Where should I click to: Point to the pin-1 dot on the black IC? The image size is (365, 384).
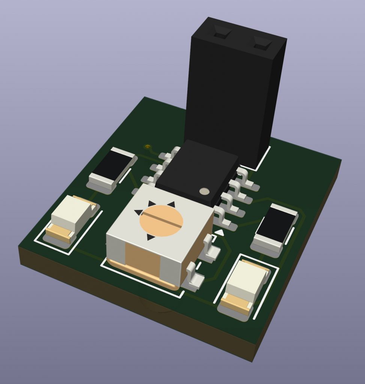point(205,191)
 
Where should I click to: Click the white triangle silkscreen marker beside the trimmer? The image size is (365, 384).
point(219,233)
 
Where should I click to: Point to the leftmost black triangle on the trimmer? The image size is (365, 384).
point(139,212)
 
